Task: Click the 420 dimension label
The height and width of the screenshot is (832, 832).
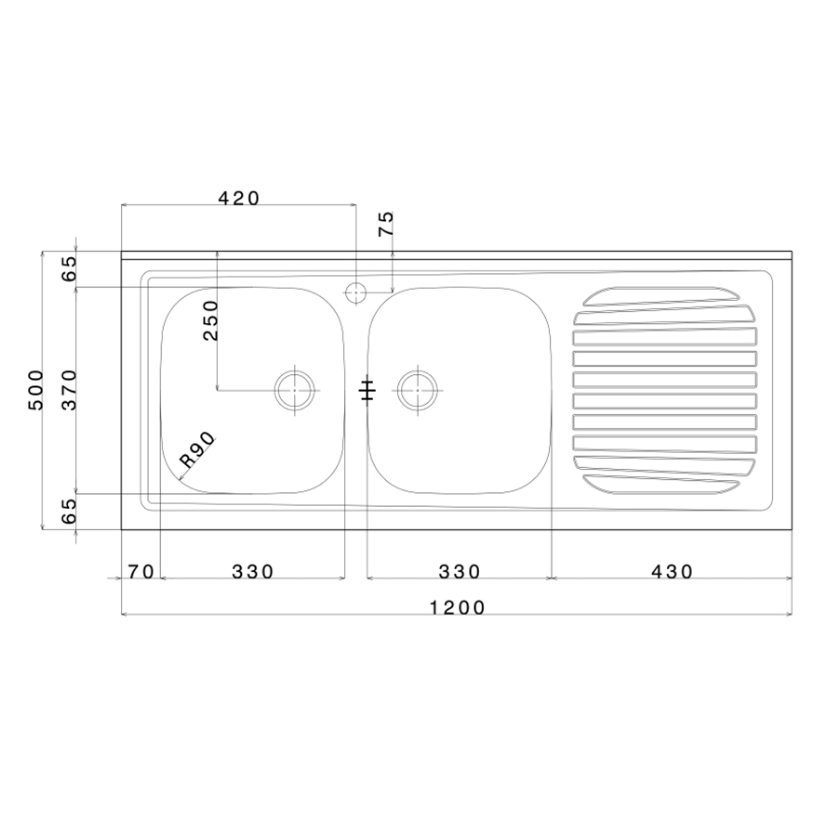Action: pos(239,198)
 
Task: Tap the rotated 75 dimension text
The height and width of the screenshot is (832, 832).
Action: pos(386,224)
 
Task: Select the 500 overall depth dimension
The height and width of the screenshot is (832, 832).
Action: pos(35,389)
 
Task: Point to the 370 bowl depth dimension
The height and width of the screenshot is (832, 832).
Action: pos(69,389)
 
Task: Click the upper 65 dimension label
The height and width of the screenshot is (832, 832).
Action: pos(69,269)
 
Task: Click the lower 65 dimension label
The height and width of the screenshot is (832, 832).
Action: pos(69,511)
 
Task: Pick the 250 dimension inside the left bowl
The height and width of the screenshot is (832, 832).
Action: pos(211,320)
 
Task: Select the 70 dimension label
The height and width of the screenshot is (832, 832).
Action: pos(141,571)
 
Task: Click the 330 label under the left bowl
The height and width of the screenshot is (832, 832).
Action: pos(253,571)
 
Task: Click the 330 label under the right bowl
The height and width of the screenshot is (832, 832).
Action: pos(459,571)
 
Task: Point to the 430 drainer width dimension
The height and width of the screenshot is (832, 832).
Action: pos(672,571)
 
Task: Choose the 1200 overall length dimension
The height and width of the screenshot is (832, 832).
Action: pos(458,608)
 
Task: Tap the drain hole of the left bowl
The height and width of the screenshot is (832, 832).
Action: pos(295,390)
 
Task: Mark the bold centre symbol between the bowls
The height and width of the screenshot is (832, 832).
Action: pos(367,392)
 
